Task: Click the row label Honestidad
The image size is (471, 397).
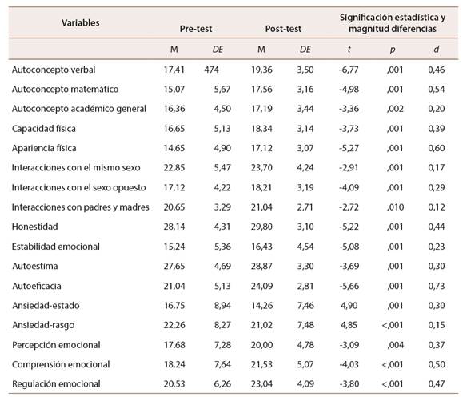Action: [34, 227]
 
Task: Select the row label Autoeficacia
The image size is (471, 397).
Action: [36, 285]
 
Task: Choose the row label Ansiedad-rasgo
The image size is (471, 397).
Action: [42, 324]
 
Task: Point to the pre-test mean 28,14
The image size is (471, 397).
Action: [173, 227]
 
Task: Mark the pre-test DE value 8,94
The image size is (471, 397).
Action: [218, 305]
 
